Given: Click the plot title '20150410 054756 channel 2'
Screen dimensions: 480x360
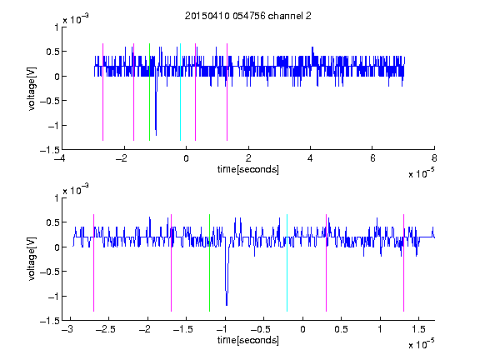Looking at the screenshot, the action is pyautogui.click(x=248, y=16).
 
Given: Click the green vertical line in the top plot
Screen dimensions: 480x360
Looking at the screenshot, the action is pyautogui.click(x=149, y=92).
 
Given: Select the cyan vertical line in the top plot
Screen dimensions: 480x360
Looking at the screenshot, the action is pyautogui.click(x=180, y=92).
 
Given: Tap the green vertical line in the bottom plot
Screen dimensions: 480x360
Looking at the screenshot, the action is pyautogui.click(x=209, y=262).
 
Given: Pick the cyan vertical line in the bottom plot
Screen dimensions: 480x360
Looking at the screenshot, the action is pyautogui.click(x=287, y=262).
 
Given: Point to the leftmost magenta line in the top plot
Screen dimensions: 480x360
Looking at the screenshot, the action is pyautogui.click(x=102, y=92).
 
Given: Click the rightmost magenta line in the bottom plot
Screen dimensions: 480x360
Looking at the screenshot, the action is pyautogui.click(x=403, y=262).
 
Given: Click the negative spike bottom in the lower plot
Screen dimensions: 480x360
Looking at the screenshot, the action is pyautogui.click(x=227, y=305).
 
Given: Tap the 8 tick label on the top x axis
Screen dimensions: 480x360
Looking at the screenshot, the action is pyautogui.click(x=434, y=158).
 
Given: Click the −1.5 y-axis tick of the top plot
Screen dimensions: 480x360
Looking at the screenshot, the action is pyautogui.click(x=50, y=150).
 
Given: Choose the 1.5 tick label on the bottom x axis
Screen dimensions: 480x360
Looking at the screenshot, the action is pyautogui.click(x=418, y=329).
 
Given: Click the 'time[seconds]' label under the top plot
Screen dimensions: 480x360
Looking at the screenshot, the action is pyautogui.click(x=248, y=169).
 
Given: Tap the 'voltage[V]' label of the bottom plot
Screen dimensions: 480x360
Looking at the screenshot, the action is pyautogui.click(x=32, y=259).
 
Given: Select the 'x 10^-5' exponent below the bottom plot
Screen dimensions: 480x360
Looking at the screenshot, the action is pyautogui.click(x=421, y=344).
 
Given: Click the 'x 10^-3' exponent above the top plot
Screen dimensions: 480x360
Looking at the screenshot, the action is pyautogui.click(x=76, y=19).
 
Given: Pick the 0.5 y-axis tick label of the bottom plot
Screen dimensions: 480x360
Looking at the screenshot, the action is pyautogui.click(x=52, y=222).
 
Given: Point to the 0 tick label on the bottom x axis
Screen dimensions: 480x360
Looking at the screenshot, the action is pyautogui.click(x=302, y=329).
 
